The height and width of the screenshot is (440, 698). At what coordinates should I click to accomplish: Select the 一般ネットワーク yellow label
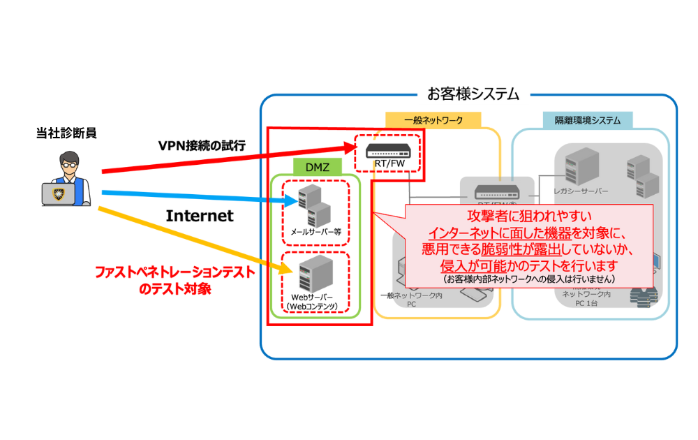click(x=433, y=120)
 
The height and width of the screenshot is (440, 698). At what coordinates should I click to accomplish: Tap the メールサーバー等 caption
click(x=315, y=230)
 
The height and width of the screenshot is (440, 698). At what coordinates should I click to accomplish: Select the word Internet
click(x=199, y=216)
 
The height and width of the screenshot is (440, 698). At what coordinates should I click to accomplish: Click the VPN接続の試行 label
click(x=202, y=145)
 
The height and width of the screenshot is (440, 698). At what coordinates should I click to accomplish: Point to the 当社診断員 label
click(x=66, y=131)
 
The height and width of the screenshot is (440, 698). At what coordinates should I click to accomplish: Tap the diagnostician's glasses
click(x=69, y=166)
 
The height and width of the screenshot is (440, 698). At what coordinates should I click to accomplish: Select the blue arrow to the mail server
click(x=195, y=196)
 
